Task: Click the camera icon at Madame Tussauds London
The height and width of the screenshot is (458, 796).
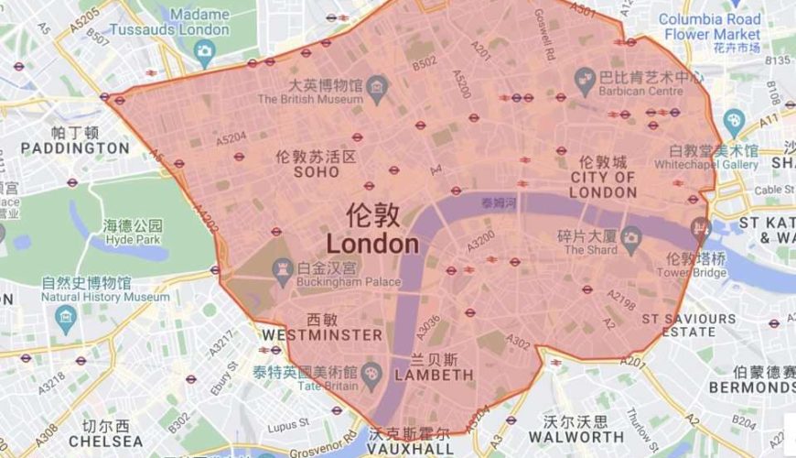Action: pos(204,51)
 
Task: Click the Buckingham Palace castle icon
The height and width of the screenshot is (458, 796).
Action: pos(281,267)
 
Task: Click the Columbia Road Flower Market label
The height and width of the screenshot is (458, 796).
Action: pos(709,27)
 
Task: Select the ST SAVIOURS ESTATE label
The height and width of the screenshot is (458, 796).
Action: pos(689,325)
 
